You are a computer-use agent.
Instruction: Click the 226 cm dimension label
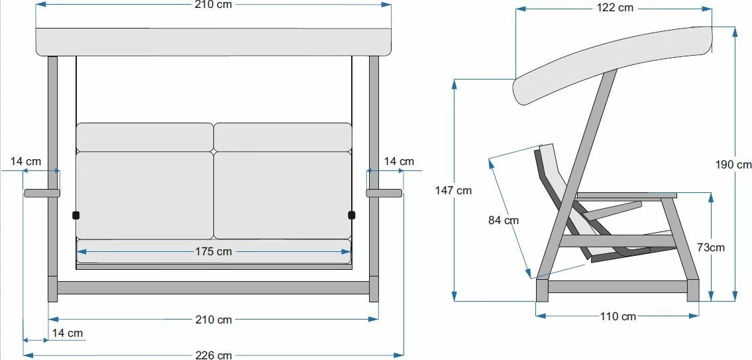214,355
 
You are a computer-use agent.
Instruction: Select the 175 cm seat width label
213,251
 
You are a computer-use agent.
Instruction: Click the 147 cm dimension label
453,190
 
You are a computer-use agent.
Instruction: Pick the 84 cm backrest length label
504,220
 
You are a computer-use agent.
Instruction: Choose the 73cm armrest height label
711,248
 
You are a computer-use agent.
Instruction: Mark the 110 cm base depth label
618,316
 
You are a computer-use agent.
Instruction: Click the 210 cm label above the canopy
213,5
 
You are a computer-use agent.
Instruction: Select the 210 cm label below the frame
213,320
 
